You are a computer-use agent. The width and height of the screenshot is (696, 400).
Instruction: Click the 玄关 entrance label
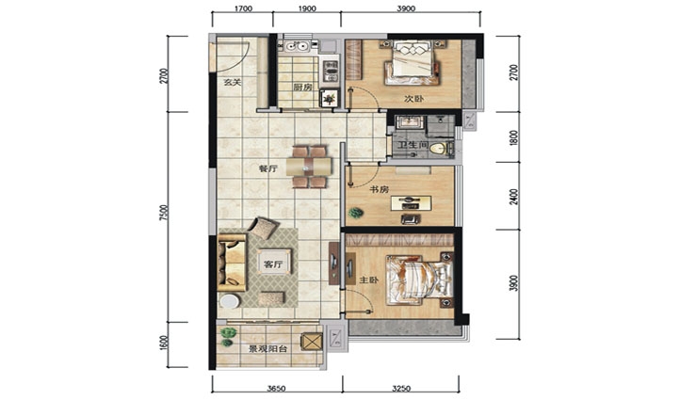(x=232, y=82)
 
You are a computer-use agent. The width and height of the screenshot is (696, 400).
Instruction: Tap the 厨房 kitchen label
(x=302, y=87)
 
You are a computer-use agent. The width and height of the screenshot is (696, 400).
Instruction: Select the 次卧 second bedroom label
(x=413, y=99)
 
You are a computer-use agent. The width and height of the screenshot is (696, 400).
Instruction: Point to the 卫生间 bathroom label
(x=412, y=145)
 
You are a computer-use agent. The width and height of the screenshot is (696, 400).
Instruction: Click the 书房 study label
(x=380, y=189)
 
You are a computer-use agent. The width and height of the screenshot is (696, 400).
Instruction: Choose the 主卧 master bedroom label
(x=368, y=280)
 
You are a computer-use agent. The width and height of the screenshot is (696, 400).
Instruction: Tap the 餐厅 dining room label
(x=268, y=168)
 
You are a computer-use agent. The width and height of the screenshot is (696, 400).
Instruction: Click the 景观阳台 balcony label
(x=267, y=348)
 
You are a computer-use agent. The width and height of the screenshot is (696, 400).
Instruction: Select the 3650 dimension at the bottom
(x=276, y=389)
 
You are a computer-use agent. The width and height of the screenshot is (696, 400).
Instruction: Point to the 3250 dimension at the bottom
(x=401, y=389)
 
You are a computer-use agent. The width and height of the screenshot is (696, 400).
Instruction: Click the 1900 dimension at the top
(x=307, y=8)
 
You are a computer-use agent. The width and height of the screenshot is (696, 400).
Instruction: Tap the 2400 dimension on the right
(x=513, y=197)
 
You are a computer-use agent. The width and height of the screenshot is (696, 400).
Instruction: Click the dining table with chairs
(x=309, y=167)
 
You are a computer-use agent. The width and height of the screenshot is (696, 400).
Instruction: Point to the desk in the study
(x=411, y=202)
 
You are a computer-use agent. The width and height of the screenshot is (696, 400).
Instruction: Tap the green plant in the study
(x=356, y=213)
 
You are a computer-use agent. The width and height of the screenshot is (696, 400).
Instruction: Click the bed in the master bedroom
(x=419, y=280)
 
